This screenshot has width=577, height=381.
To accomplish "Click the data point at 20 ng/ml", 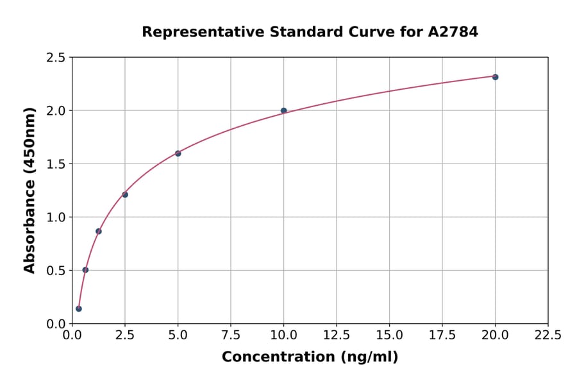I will click(x=495, y=77).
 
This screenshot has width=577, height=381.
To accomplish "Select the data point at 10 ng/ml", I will click(x=284, y=111).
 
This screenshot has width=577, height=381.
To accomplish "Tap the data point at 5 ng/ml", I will click(x=178, y=153).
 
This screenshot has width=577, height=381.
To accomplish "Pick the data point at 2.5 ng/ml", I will click(x=125, y=194).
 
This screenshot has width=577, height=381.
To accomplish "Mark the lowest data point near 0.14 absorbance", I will click(x=79, y=309).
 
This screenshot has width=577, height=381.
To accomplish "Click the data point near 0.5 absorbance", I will click(x=85, y=270).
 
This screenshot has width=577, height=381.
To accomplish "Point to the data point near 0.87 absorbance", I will click(x=99, y=231).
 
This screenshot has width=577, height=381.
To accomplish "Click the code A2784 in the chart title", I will click(x=453, y=32).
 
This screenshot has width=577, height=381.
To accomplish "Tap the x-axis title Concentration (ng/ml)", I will click(x=310, y=357).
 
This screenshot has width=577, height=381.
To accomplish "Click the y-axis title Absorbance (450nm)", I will click(x=29, y=190).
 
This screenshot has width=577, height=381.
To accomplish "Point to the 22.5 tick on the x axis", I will click(x=548, y=335).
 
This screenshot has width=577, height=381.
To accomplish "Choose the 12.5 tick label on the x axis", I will click(x=337, y=335).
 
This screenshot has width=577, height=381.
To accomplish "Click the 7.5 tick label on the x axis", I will click(x=231, y=335).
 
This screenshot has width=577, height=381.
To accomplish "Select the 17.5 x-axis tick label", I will click(x=442, y=335).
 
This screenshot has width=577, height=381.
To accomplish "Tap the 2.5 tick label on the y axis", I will click(x=56, y=58).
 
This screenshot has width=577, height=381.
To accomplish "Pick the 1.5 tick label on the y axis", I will click(x=56, y=164).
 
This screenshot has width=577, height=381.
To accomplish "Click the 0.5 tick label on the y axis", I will click(x=56, y=271).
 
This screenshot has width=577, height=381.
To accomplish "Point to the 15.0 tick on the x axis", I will click(x=389, y=335).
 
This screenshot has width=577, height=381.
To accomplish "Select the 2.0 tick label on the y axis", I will click(x=56, y=111).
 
